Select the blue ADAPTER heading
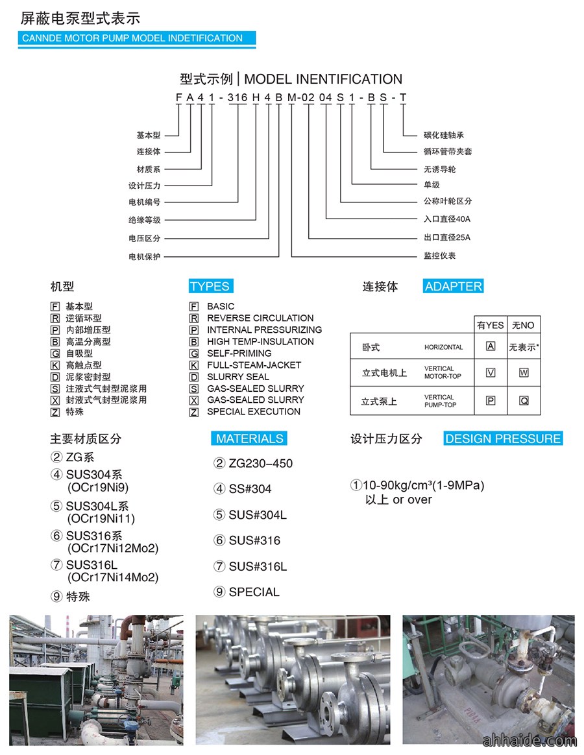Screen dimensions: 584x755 453,286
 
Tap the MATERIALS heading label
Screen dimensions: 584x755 249,438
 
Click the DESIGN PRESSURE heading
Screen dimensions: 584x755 503,438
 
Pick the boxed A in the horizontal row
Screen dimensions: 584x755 491,346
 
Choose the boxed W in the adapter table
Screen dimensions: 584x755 524,373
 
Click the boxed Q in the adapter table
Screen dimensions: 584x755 524,401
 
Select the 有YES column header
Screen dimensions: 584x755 491,325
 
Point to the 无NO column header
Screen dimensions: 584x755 523,325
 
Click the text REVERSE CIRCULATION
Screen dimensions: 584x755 260,318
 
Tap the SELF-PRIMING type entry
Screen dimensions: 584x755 239,353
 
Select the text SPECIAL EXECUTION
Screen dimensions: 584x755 254,412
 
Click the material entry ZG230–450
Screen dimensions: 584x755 261,463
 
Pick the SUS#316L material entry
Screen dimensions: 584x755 258,566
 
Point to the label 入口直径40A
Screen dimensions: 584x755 447,219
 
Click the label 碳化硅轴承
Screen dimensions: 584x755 444,136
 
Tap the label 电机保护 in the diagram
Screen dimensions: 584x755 144,257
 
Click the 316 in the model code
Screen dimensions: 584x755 237,98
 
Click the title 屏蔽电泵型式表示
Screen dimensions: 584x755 80,18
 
